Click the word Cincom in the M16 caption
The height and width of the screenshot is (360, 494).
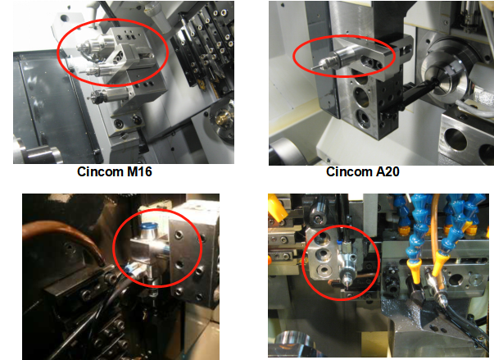point(100,172)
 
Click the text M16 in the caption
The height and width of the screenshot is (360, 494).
point(139,172)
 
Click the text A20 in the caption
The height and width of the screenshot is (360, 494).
point(387,172)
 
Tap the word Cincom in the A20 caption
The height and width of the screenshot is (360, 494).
point(349,172)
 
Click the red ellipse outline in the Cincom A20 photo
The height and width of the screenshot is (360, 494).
point(344,36)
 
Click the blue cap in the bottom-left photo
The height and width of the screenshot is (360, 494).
point(149,226)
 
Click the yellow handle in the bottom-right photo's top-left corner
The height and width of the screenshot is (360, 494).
point(277,207)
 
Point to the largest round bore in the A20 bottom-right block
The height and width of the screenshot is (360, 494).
point(456,140)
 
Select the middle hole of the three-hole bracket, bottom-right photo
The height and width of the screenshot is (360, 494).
point(323,253)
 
